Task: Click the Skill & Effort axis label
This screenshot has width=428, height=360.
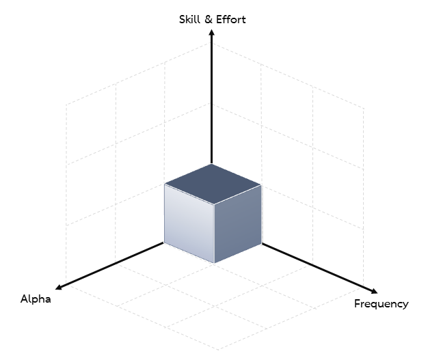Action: coord(213,20)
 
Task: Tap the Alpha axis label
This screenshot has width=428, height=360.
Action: coord(36,299)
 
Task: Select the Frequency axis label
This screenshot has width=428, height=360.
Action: coord(382,304)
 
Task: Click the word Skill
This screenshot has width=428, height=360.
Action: coord(189,20)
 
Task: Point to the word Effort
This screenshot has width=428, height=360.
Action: coord(231,20)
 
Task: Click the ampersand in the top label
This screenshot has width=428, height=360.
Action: coord(209,20)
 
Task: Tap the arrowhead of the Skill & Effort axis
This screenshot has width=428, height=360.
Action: coord(211,32)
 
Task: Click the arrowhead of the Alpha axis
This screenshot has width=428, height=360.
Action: coord(58,287)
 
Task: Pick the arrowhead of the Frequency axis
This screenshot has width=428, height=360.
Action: coord(374,291)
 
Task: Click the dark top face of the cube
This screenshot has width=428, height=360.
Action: coord(213,184)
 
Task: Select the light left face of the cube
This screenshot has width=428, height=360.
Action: coord(189,223)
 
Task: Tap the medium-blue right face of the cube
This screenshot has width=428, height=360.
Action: coord(237,223)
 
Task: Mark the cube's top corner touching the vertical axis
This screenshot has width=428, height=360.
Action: coord(211,164)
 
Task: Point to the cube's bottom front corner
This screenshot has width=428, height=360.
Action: coord(214,263)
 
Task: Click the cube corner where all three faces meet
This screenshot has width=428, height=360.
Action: coord(214,204)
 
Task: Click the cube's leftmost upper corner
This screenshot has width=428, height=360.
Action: coord(165,184)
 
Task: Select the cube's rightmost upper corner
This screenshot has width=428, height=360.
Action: coord(261,185)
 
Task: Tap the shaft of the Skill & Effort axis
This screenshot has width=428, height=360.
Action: coord(211,100)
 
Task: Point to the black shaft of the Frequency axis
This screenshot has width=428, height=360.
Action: coord(317,267)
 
